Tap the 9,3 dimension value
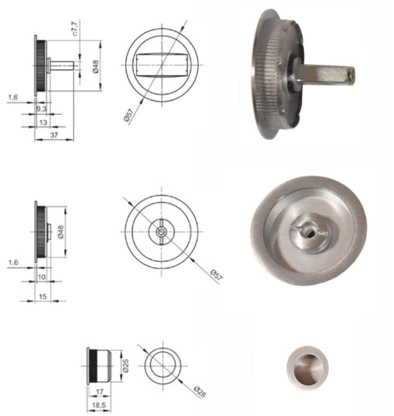[41, 109]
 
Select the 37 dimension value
[54, 135]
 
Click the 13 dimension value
[43, 122]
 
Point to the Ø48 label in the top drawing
[96, 66]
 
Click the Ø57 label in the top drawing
[128, 115]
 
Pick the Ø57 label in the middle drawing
[216, 275]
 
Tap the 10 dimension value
[42, 277]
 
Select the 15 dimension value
[43, 296]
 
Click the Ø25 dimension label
[126, 366]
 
